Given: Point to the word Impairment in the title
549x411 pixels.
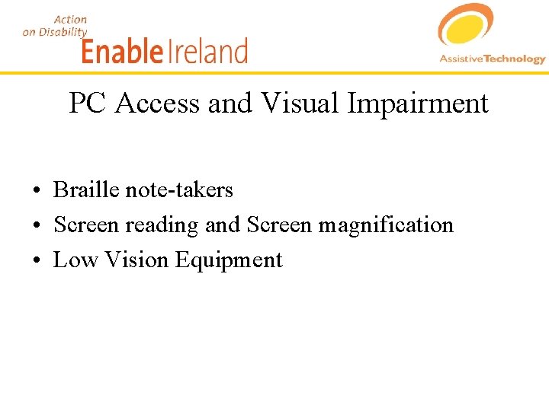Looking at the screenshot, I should (x=418, y=104).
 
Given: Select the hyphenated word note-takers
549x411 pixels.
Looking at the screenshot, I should (x=178, y=190).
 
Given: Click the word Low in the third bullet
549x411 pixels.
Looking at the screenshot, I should (x=75, y=260).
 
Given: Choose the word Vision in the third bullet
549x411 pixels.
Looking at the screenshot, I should (x=136, y=260).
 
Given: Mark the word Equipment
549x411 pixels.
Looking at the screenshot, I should (x=229, y=261).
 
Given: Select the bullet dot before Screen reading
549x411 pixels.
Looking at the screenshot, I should (x=37, y=226).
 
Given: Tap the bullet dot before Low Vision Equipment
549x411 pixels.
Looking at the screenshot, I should (x=37, y=261).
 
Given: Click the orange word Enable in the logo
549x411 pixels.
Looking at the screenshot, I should (x=122, y=51).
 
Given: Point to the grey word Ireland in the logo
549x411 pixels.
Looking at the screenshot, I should (x=207, y=51).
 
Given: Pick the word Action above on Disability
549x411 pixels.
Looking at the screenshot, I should (x=70, y=19).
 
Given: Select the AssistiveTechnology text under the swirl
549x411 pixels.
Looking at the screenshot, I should (x=493, y=59).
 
